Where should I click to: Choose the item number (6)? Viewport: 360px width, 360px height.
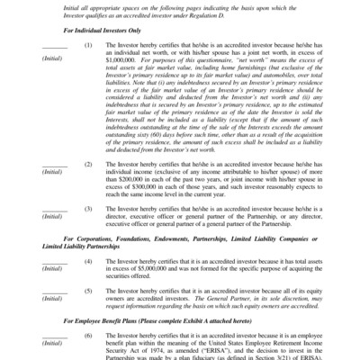87,359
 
